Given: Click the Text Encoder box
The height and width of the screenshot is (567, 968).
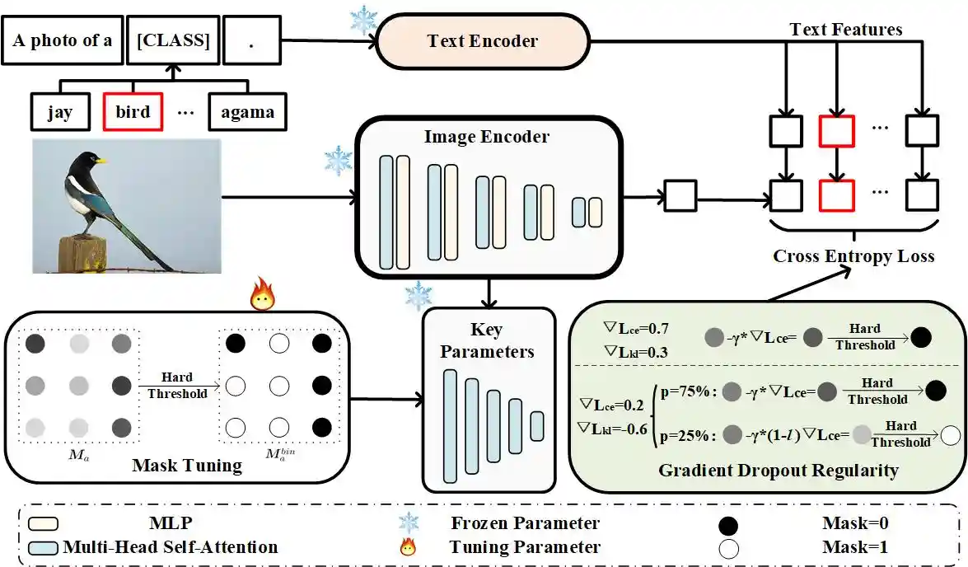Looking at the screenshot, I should (x=483, y=41).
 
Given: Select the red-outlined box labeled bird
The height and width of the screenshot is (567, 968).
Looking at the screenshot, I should (x=133, y=111).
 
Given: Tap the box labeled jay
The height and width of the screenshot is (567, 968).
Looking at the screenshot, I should (x=58, y=111).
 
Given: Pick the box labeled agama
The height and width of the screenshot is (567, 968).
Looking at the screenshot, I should (x=247, y=111).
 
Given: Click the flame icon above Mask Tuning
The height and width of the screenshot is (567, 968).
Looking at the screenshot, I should (x=262, y=295).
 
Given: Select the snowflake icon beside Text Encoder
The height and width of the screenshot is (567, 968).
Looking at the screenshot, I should (x=363, y=20).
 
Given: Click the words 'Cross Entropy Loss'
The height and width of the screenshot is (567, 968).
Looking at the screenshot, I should (x=853, y=256).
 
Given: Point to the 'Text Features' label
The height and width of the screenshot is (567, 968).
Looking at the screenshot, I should (x=845, y=30).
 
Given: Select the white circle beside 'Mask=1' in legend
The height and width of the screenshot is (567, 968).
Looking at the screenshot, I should (x=728, y=546).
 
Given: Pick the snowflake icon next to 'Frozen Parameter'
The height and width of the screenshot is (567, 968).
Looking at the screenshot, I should (x=408, y=523).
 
